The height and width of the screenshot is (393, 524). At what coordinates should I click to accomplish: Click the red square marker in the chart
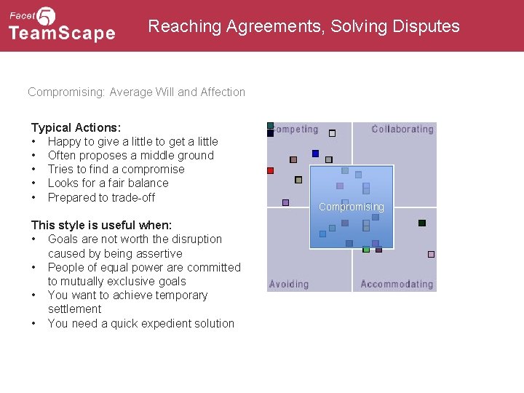270,170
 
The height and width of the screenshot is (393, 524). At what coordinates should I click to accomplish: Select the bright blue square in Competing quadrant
315,154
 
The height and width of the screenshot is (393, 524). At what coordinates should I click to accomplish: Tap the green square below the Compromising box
366,250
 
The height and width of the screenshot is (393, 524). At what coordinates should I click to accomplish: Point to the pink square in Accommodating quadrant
431,254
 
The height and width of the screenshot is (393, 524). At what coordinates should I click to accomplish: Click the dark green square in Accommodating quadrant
421,223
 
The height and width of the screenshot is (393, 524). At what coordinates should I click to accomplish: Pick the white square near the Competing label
332,133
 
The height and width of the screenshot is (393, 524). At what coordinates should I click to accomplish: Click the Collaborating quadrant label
402,130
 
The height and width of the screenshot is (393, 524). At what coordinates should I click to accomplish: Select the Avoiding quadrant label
289,284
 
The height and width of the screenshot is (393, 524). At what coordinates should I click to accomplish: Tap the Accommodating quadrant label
397,284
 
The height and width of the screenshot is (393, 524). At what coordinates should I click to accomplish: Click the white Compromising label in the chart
351,207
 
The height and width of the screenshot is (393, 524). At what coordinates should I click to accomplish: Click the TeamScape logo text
62,33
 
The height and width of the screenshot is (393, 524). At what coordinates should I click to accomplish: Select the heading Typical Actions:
76,127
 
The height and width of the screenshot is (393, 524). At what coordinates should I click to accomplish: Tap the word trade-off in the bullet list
134,197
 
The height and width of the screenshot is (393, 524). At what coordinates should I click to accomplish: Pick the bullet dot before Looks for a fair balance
34,183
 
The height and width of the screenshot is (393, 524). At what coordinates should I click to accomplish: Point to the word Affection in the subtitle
221,92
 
